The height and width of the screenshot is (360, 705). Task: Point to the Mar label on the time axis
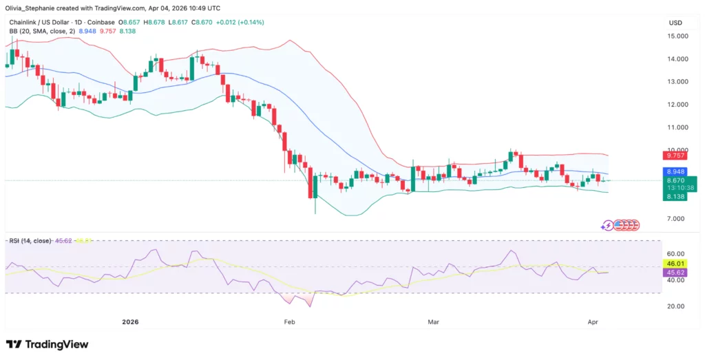tap(433, 321)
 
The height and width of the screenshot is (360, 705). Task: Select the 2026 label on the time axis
tap(131, 321)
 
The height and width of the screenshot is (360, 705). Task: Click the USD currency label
tap(675, 23)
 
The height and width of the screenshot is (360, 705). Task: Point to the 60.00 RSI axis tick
tap(678, 253)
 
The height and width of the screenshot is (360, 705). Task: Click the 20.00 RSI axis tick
tap(678, 306)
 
